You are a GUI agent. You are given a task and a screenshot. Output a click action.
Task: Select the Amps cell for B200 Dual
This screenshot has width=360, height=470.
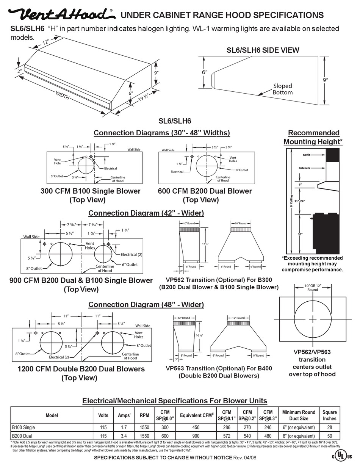[x=124, y=436]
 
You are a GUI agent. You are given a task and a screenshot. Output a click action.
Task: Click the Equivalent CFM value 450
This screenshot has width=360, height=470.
[x=196, y=428]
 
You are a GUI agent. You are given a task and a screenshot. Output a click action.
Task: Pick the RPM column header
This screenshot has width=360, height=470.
[x=144, y=415]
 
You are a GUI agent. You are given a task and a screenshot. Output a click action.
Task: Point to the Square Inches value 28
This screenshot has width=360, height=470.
[x=329, y=428]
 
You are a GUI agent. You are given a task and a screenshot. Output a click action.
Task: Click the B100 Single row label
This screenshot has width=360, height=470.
[x=23, y=428]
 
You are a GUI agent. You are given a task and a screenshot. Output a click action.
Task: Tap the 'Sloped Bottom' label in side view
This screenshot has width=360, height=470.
[x=282, y=89]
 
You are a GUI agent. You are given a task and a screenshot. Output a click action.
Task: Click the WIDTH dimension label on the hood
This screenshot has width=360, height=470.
[x=62, y=96]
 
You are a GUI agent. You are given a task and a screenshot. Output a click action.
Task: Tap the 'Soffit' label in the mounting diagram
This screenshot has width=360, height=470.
[x=307, y=155]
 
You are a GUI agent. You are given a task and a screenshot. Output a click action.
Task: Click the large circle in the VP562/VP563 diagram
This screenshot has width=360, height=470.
[x=313, y=319]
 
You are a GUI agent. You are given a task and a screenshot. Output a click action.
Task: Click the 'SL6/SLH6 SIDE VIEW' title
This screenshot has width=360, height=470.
[x=263, y=50]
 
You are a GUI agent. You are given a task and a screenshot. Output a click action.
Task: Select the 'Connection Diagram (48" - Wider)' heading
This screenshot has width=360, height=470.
[x=146, y=305]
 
